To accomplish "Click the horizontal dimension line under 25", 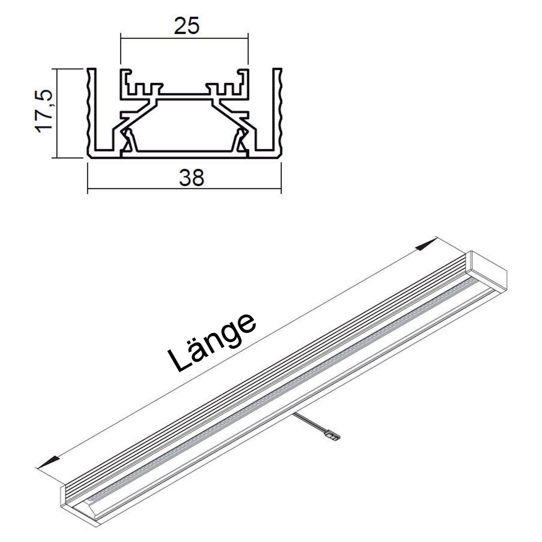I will click(x=185, y=38).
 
